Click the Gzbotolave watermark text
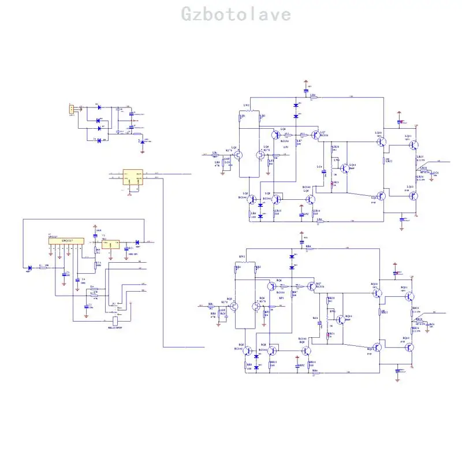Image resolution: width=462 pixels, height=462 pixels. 237,14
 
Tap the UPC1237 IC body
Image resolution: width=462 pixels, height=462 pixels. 64,241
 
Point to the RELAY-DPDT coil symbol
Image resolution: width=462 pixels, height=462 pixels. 115,321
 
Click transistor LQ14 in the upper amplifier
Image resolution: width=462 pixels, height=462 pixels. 345,169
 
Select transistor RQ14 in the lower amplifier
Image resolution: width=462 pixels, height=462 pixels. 340,319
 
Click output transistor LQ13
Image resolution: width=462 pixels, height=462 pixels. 413,195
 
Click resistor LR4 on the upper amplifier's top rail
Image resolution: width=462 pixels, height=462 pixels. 312,97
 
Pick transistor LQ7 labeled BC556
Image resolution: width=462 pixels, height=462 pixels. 315,135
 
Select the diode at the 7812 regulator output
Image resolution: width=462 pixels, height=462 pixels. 137,242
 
